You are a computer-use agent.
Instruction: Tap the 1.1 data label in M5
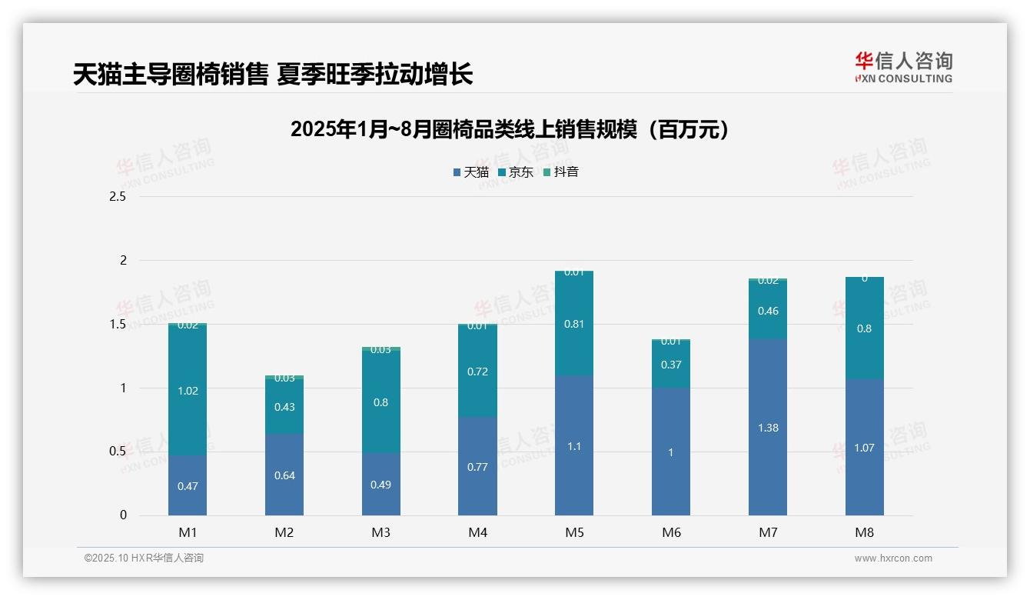(x=574, y=446)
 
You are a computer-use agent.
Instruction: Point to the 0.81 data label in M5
(x=574, y=324)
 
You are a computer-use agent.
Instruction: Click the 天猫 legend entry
(x=471, y=172)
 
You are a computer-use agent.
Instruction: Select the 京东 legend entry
(x=516, y=172)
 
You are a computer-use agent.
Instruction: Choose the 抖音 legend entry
(x=561, y=172)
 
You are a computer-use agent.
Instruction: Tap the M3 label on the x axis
(x=380, y=532)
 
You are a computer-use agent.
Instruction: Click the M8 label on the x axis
(x=864, y=532)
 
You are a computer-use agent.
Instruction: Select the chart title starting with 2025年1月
(x=509, y=129)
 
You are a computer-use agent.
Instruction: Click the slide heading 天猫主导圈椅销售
(x=272, y=75)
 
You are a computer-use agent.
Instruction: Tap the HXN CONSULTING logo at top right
(x=903, y=67)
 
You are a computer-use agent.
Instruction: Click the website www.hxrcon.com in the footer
(x=893, y=558)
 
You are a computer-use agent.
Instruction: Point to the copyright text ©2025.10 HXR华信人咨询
(x=144, y=558)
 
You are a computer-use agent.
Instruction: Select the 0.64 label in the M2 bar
(x=284, y=475)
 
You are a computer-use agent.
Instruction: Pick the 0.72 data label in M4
(x=477, y=372)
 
